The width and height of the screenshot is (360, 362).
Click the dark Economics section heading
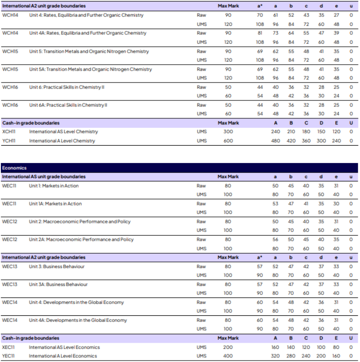tap(14, 168)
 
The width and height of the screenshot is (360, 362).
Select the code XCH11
tap(9, 132)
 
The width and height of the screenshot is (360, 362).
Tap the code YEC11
tap(9, 356)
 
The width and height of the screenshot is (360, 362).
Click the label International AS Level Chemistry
tap(64, 132)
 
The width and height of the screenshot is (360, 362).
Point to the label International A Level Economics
tap(63, 356)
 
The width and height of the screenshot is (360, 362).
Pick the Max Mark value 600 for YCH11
tap(228, 141)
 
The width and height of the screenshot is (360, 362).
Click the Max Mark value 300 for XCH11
tap(228, 132)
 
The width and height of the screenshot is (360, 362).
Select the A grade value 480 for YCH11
tap(276, 141)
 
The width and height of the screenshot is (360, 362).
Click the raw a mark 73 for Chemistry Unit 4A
tap(276, 33)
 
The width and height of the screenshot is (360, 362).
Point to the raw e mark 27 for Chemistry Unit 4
tap(336, 16)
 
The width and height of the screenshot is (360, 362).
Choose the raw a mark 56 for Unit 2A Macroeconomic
tap(276, 239)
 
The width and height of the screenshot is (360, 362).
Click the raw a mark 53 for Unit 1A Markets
tap(276, 204)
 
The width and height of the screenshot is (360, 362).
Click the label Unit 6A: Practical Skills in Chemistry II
tap(68, 105)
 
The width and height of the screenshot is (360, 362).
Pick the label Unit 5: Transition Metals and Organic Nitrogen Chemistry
tap(89, 51)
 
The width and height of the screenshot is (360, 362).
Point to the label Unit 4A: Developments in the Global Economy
tap(78, 320)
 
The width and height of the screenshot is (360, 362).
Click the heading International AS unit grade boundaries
tap(44, 177)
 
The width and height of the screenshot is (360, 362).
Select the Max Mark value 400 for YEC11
tap(228, 356)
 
